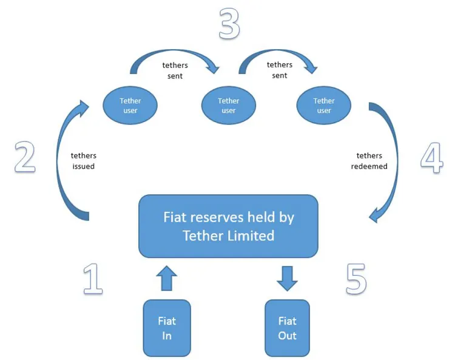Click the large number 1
(92, 278)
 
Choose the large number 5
(357, 278)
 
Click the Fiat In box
(167, 327)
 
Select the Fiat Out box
(287, 327)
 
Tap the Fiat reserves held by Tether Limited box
(228, 226)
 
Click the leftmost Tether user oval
(130, 105)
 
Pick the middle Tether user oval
(229, 105)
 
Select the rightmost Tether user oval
(323, 105)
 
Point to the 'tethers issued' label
(84, 161)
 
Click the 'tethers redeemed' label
(369, 161)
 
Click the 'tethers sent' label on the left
(175, 70)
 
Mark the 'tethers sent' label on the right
(279, 70)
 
